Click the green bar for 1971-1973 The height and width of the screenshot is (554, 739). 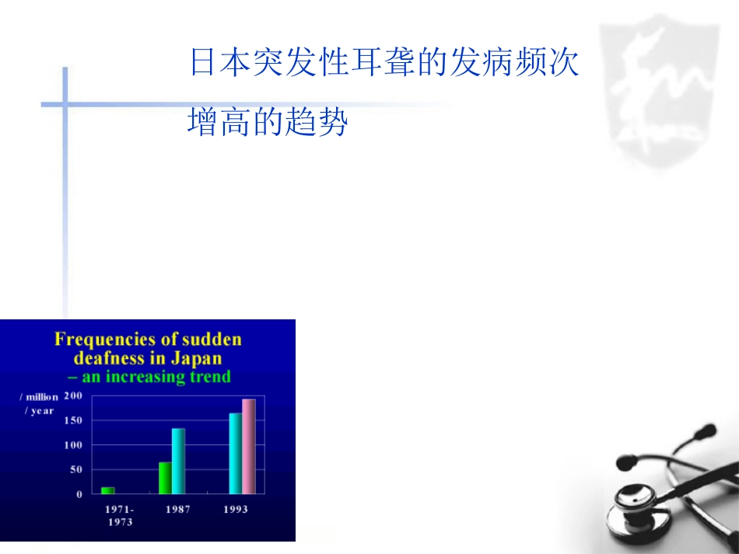(107, 490)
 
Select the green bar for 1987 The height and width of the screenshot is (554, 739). (165, 478)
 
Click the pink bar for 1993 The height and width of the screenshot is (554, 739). (248, 446)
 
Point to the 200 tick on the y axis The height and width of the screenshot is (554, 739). (73, 395)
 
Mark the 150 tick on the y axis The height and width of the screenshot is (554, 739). (73, 420)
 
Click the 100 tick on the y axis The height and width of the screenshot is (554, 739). (73, 445)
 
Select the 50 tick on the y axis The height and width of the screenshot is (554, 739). (75, 469)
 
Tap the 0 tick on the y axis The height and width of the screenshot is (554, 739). (79, 494)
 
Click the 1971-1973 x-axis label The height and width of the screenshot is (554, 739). (119, 515)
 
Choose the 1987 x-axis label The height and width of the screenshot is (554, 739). (177, 510)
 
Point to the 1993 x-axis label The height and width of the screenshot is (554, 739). (235, 510)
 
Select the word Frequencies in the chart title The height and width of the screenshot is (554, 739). (100, 340)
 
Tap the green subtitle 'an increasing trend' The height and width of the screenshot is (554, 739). (156, 377)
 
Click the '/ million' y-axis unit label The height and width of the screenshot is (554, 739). (39, 397)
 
